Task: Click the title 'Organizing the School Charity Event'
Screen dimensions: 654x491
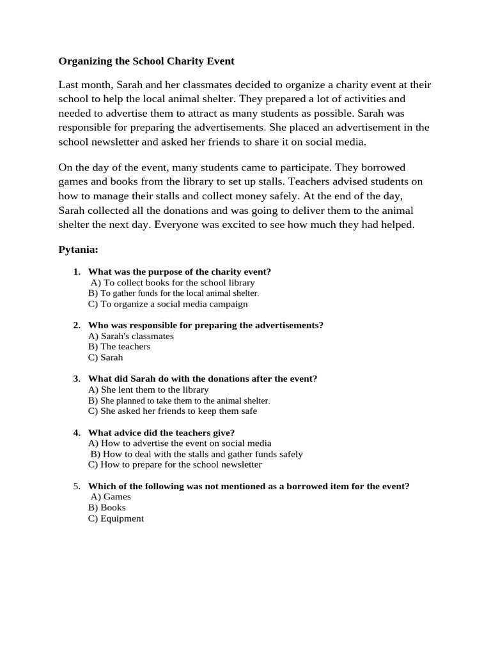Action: tap(146, 61)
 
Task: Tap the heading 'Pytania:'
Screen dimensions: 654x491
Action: tap(78, 248)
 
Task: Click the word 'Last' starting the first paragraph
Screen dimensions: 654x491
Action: tap(69, 85)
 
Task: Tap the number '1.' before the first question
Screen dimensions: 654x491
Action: tap(77, 271)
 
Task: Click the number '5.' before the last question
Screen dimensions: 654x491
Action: tap(77, 486)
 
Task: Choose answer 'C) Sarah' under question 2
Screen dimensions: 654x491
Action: tap(105, 358)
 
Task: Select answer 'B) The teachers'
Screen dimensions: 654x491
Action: tap(120, 347)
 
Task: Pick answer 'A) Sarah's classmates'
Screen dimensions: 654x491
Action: tap(131, 336)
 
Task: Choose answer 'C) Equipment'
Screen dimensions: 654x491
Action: tap(116, 519)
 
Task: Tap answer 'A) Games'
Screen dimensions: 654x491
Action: tap(111, 497)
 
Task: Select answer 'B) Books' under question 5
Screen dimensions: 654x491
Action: tap(107, 508)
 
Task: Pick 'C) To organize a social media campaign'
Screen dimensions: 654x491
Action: tap(168, 304)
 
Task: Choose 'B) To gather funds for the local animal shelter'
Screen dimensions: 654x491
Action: tap(173, 293)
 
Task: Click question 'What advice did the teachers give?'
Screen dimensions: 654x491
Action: tap(161, 432)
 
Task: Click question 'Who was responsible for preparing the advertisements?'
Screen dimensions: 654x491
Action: tap(205, 325)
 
